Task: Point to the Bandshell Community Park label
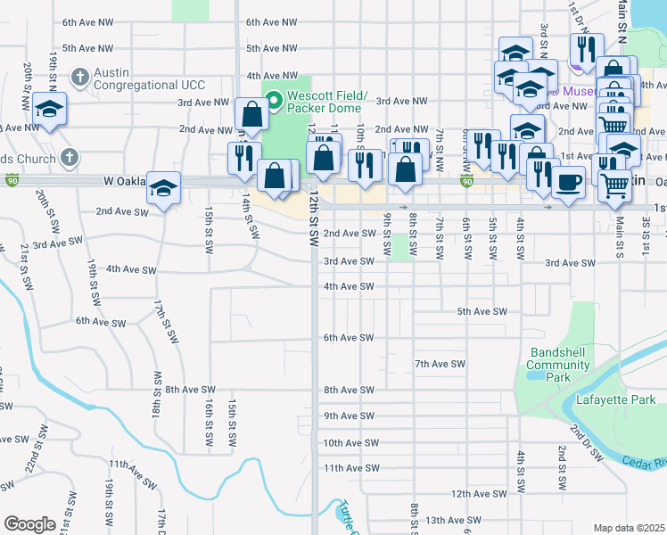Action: pos(557,365)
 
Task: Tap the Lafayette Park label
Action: pos(615,399)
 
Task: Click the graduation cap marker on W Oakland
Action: pos(164,188)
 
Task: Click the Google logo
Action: pos(29,524)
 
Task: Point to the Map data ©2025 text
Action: pos(629,528)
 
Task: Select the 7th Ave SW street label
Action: pos(441,364)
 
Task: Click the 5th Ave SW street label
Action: pos(482,311)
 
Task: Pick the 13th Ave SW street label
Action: pos(453,520)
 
